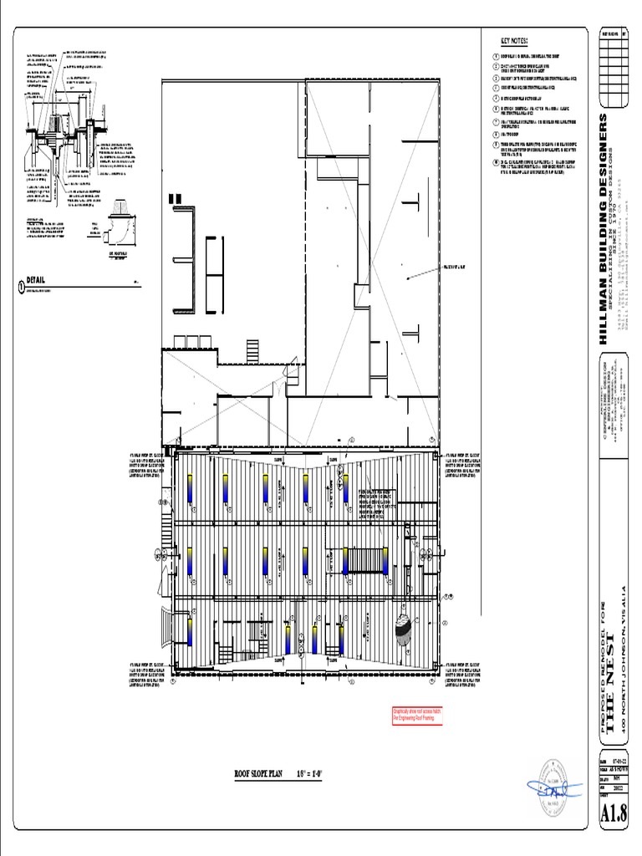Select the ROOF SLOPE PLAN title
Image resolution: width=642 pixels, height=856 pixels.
pyautogui.click(x=261, y=774)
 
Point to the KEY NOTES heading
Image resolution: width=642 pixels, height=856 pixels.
pyautogui.click(x=513, y=41)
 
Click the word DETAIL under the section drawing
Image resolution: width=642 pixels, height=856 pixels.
pyautogui.click(x=36, y=280)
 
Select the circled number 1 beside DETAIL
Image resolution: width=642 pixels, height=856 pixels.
pyautogui.click(x=21, y=286)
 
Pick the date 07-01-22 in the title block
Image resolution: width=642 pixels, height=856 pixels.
pyautogui.click(x=619, y=762)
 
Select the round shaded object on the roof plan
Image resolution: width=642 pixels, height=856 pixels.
pyautogui.click(x=403, y=631)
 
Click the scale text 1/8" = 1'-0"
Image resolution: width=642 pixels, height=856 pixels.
pyautogui.click(x=309, y=774)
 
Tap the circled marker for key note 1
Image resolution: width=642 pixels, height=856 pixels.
pyautogui.click(x=495, y=56)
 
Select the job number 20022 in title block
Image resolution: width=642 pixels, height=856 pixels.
pyautogui.click(x=619, y=787)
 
